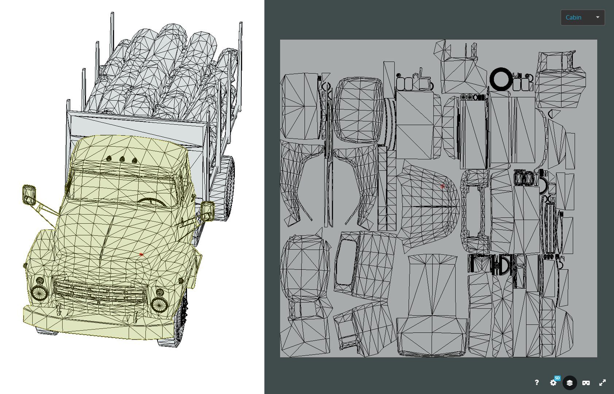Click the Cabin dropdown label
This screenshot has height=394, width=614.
573,18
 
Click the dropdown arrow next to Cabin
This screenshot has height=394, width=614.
597,18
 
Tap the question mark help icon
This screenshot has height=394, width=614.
536,382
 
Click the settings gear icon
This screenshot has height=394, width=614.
553,383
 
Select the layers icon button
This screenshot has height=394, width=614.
570,383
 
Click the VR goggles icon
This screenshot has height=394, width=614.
586,383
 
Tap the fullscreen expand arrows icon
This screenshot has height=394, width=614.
602,383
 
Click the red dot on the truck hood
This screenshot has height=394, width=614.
141,254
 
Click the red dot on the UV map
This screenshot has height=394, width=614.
443,186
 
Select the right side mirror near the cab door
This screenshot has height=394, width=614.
207,211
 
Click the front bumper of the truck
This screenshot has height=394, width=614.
95,323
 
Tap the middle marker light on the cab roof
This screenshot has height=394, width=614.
122,159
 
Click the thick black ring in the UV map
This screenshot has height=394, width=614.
501,79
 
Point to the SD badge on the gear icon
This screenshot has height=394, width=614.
557,378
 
